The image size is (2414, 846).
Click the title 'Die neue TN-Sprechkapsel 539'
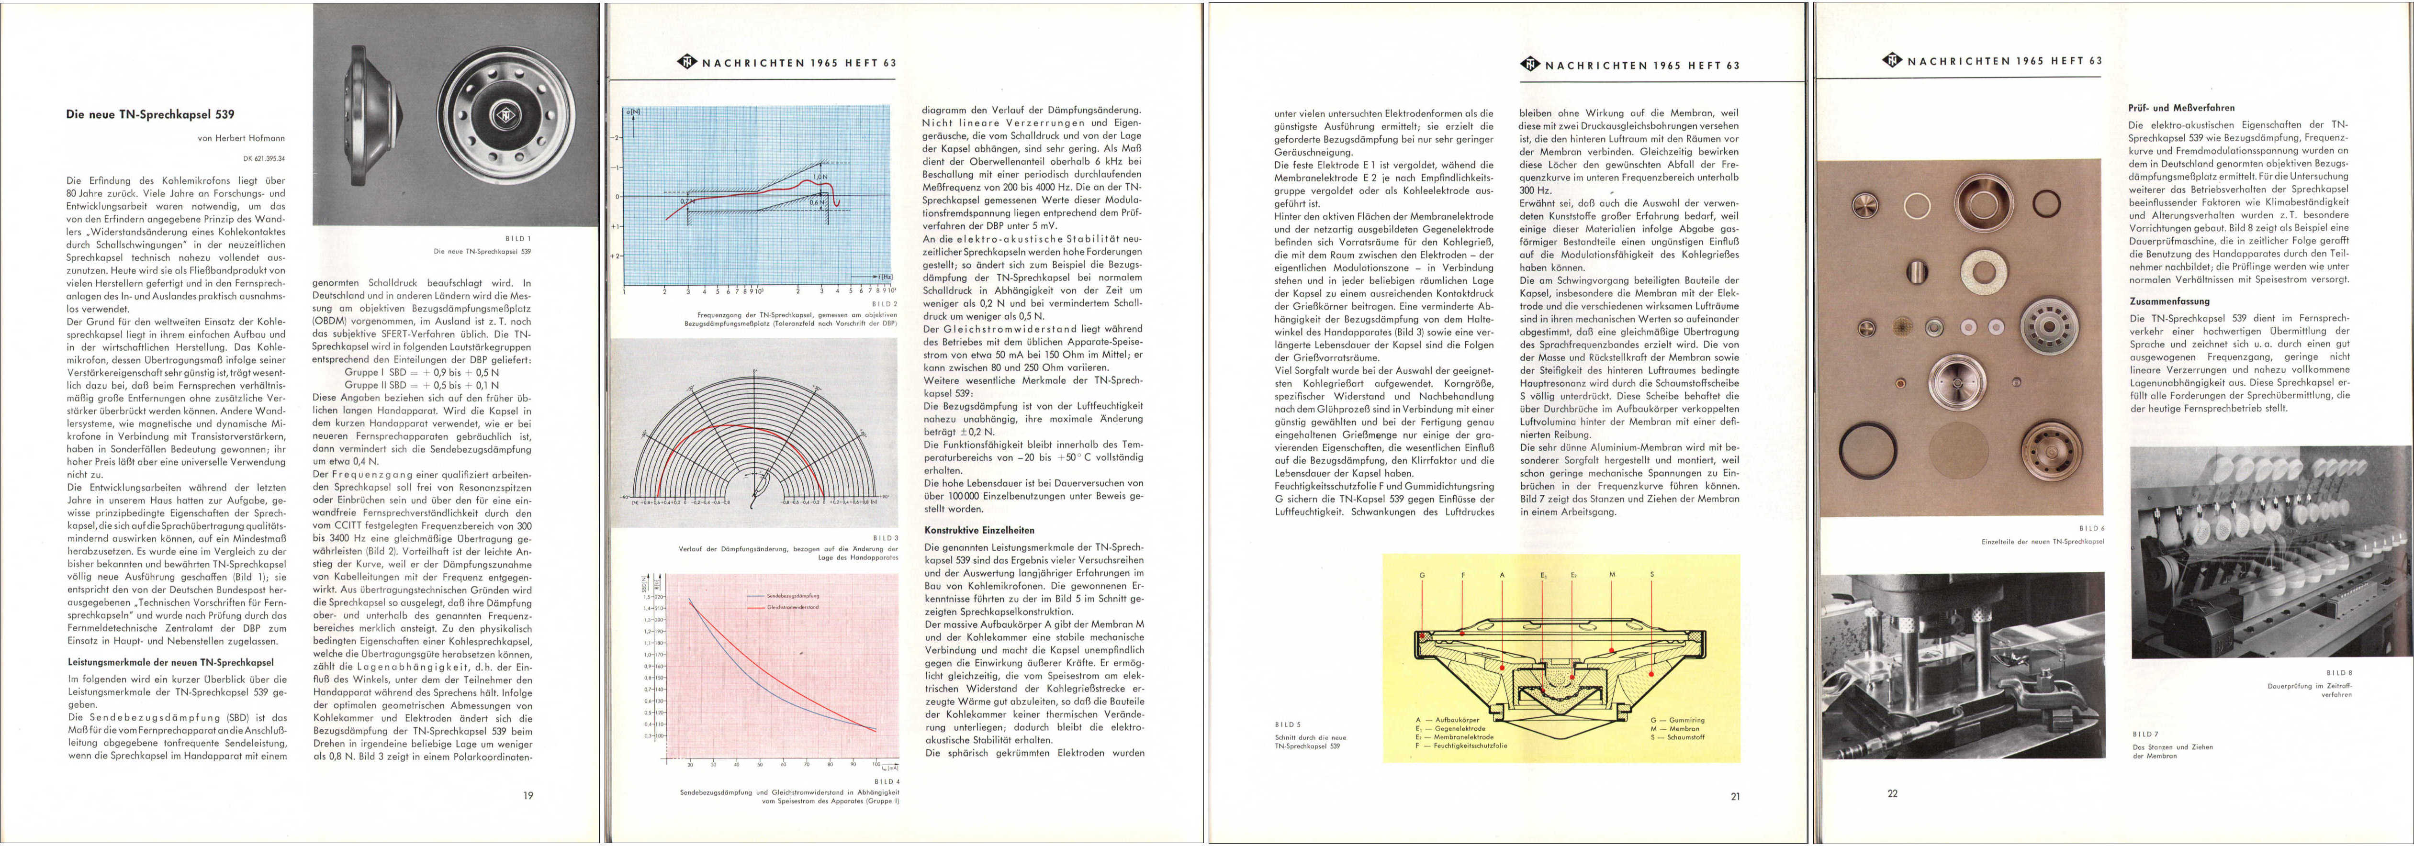point(150,114)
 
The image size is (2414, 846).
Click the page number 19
point(528,795)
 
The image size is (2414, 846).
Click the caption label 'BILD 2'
point(884,303)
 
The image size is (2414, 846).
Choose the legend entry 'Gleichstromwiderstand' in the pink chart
point(792,607)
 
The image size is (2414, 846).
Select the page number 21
point(1735,796)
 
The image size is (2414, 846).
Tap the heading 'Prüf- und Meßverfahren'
point(2180,108)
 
